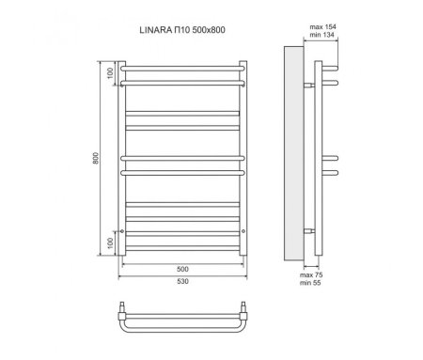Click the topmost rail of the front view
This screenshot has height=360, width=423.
pos(183,65)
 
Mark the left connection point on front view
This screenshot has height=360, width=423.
pos(123,229)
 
